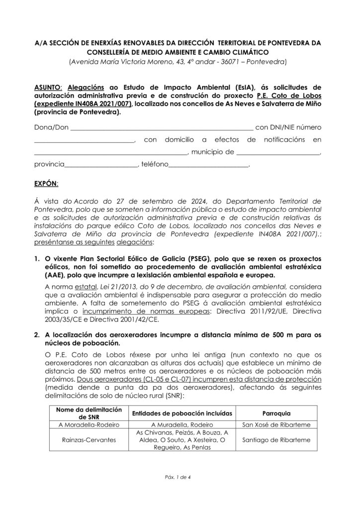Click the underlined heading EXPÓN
[46, 184]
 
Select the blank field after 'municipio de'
[278, 152]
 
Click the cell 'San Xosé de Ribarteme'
[276, 425]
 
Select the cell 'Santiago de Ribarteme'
[276, 440]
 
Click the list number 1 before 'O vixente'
[37, 259]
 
